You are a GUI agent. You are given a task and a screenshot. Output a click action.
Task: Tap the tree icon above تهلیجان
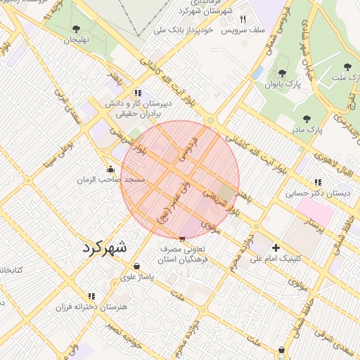[76, 29]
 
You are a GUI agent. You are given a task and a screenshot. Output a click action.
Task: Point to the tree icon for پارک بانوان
[283, 73]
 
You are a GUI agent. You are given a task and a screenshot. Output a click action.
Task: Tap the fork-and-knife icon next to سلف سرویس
[243, 20]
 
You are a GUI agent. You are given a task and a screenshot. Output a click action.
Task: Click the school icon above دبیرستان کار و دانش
[138, 92]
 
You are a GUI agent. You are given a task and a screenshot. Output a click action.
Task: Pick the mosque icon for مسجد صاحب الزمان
[110, 169]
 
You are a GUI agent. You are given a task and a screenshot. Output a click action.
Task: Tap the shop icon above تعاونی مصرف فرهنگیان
[183, 239]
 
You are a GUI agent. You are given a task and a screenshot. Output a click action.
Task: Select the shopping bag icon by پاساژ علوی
[136, 266]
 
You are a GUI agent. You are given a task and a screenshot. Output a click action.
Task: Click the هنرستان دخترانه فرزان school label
[92, 307]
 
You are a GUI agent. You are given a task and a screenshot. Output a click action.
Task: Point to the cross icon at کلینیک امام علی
[276, 247]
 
